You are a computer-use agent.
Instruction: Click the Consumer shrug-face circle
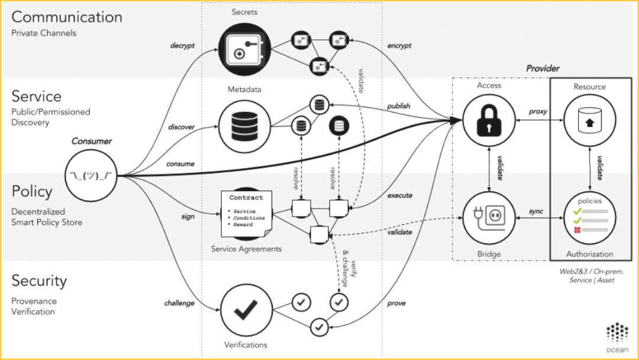pyautogui.click(x=91, y=175)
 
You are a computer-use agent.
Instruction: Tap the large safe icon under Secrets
pyautogui.click(x=244, y=50)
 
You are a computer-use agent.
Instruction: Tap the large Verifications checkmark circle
pyautogui.click(x=246, y=308)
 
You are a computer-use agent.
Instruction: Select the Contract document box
pyautogui.click(x=246, y=211)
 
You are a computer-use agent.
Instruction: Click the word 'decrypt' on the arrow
pyautogui.click(x=182, y=45)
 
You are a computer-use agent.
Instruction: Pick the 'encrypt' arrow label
pyautogui.click(x=399, y=45)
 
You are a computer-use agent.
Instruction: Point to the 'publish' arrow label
pyautogui.click(x=399, y=106)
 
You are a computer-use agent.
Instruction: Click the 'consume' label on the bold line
pyautogui.click(x=181, y=163)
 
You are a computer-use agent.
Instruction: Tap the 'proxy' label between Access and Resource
pyautogui.click(x=538, y=111)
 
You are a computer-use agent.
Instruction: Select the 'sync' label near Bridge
pyautogui.click(x=537, y=211)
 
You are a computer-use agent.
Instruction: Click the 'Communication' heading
pyautogui.click(x=67, y=17)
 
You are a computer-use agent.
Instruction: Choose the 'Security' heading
pyautogui.click(x=39, y=280)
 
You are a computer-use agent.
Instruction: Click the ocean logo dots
pyautogui.click(x=618, y=333)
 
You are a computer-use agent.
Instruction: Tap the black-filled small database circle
pyautogui.click(x=339, y=125)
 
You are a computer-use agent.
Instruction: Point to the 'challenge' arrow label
pyautogui.click(x=179, y=303)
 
